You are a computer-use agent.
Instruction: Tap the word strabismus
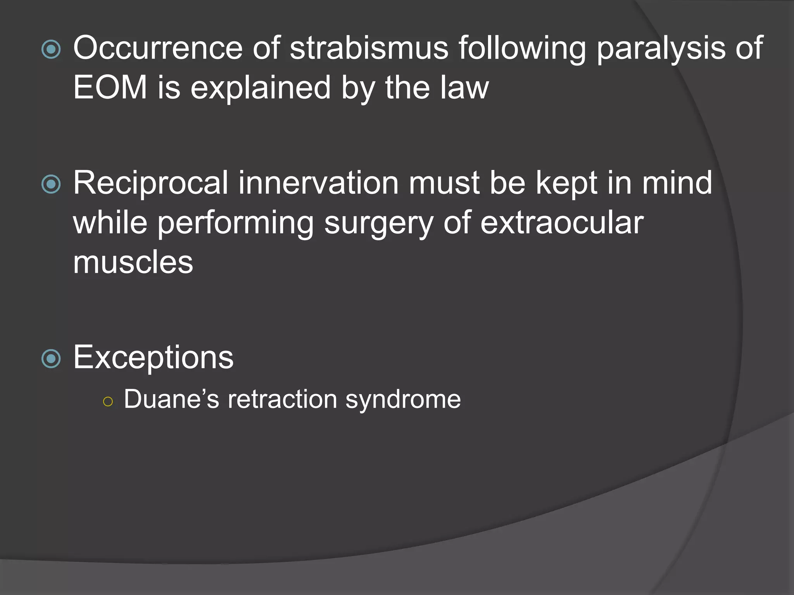(369, 48)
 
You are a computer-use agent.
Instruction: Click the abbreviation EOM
(110, 88)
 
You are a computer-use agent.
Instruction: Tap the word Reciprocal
(150, 184)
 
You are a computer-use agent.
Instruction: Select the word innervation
(318, 183)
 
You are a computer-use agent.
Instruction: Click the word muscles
(133, 262)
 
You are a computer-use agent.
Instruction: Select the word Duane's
(171, 399)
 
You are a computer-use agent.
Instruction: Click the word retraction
(282, 399)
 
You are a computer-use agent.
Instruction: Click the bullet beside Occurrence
(51, 49)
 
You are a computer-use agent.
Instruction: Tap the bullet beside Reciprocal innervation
(51, 184)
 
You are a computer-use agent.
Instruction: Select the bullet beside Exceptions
(51, 358)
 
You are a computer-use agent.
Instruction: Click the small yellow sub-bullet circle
(108, 402)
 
